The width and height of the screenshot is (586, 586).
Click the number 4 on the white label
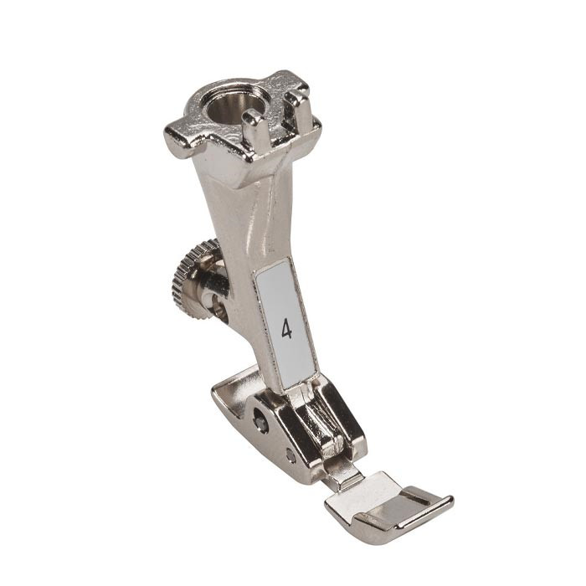(286, 329)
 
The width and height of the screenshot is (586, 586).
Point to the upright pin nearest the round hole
(254, 126)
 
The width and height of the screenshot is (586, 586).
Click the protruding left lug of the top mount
(180, 141)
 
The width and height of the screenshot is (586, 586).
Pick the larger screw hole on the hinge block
(260, 419)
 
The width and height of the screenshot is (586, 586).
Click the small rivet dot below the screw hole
(290, 455)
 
